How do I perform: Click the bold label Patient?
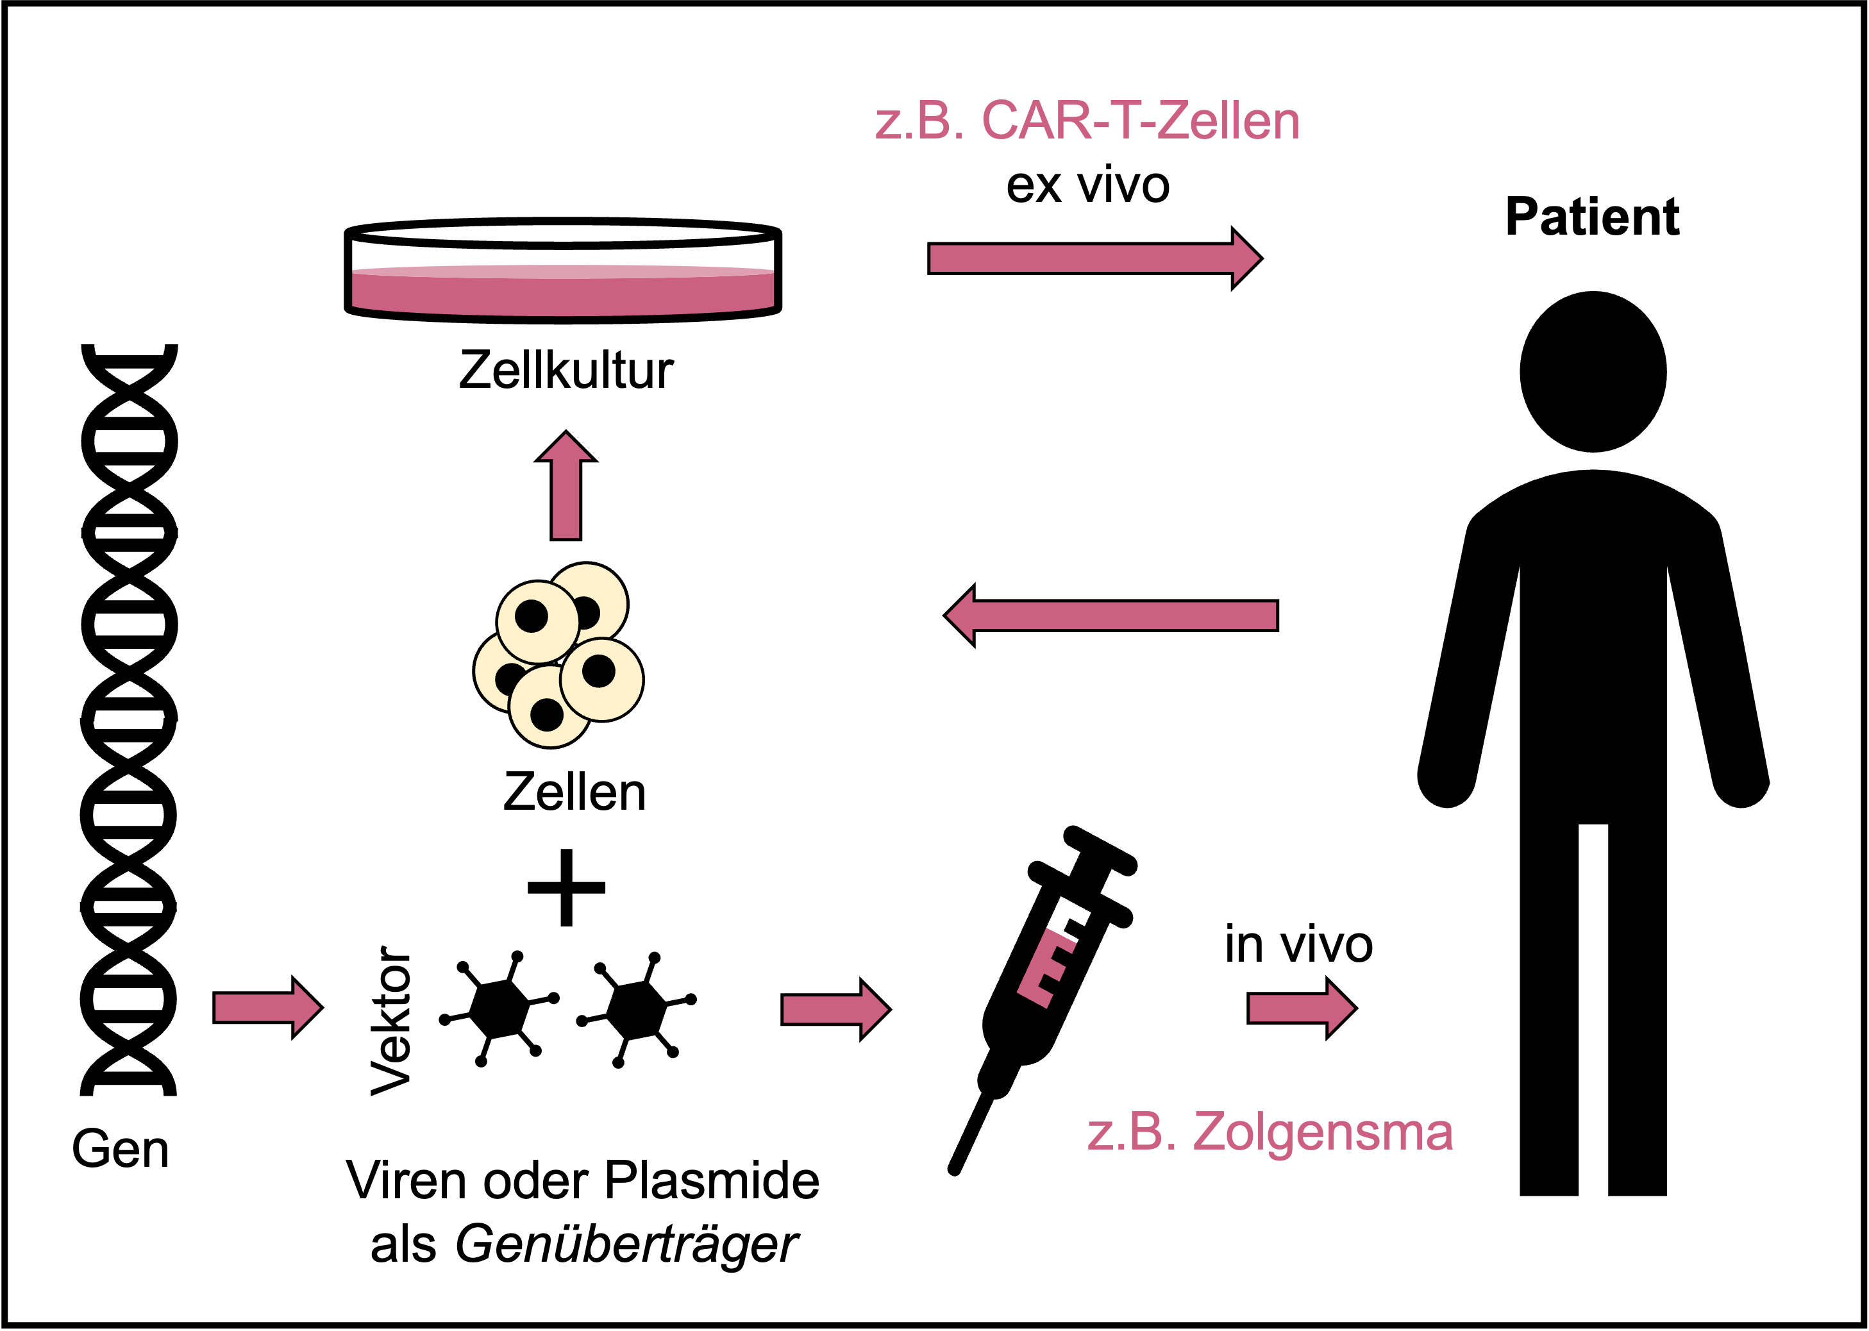(1592, 217)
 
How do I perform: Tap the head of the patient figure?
(1592, 371)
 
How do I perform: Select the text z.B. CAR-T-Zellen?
(1087, 121)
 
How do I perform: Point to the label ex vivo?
(1087, 185)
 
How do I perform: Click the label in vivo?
(1299, 945)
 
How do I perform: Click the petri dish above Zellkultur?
(563, 271)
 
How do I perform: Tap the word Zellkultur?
(566, 371)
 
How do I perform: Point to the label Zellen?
(574, 792)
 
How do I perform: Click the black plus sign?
(566, 887)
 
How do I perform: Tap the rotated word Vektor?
(391, 1021)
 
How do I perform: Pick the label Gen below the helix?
(121, 1149)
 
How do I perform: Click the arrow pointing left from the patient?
(1111, 615)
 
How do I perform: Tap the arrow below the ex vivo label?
(1094, 258)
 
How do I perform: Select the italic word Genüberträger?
(626, 1245)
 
